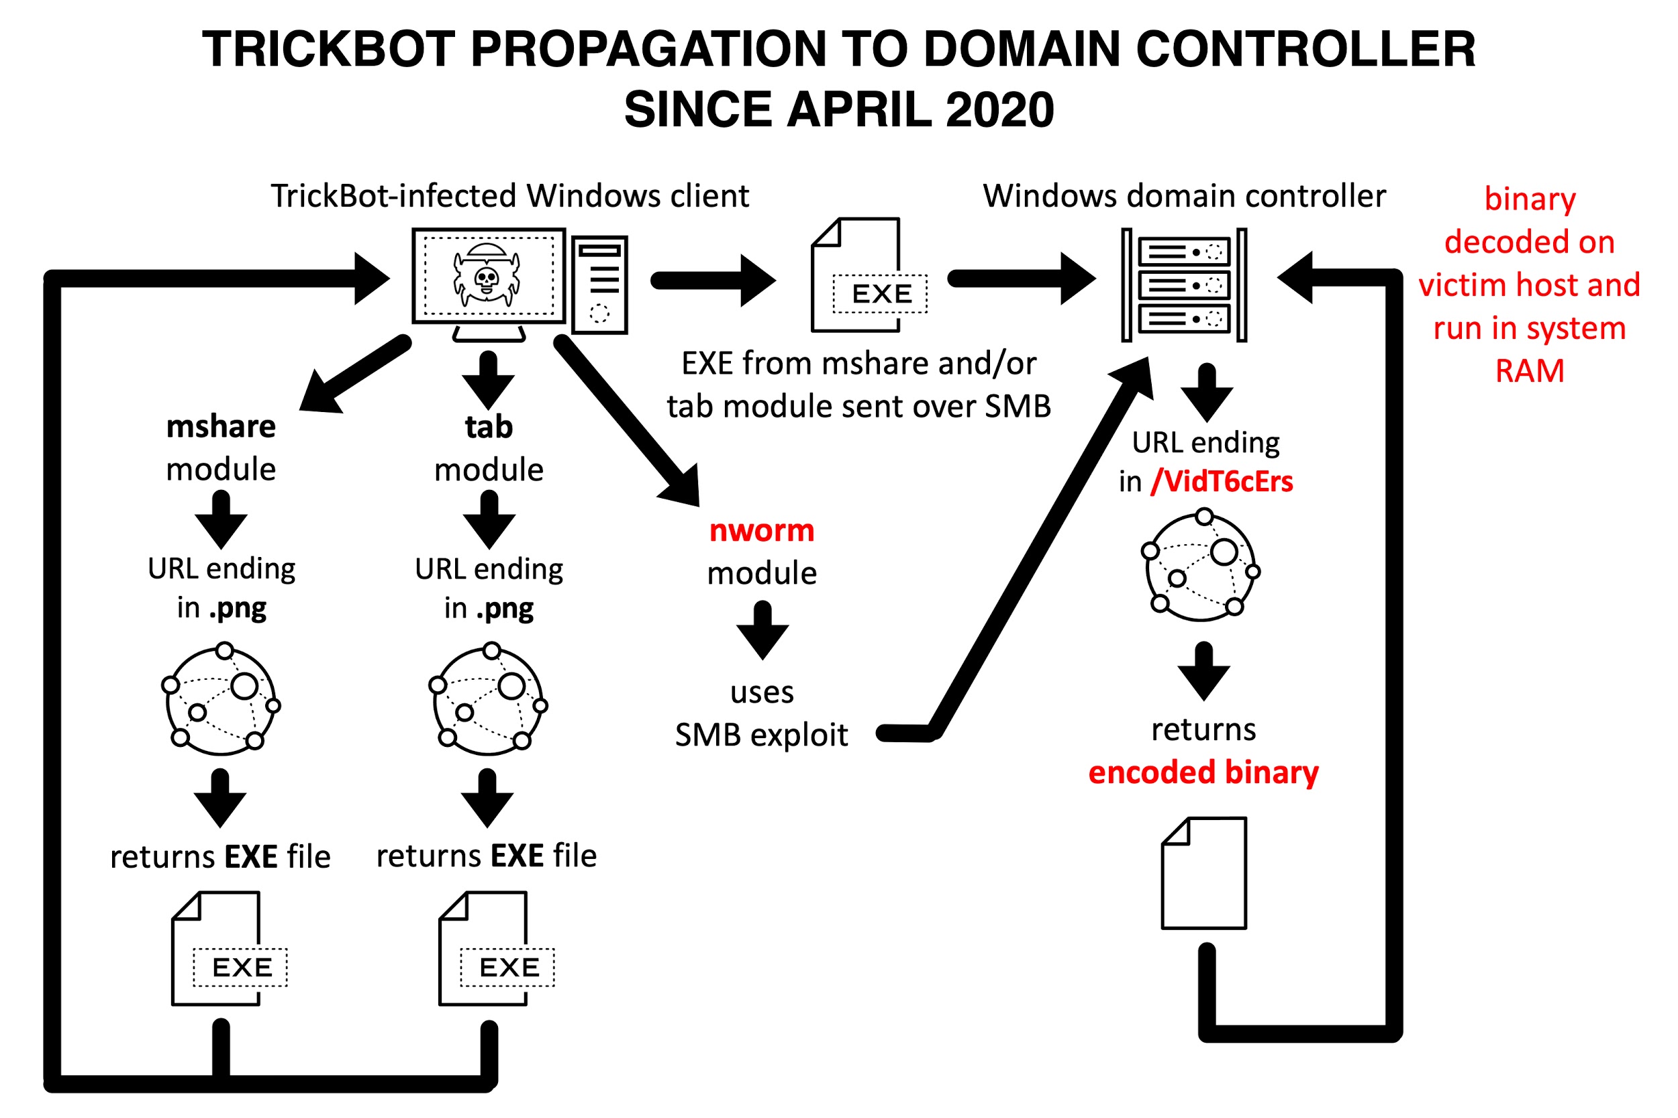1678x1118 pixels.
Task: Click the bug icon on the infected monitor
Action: [x=487, y=274]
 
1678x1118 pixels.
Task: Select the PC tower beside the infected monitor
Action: [x=599, y=285]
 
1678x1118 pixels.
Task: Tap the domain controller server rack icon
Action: [x=1184, y=285]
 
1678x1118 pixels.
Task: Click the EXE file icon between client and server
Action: [x=869, y=275]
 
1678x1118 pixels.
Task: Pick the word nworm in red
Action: [x=762, y=530]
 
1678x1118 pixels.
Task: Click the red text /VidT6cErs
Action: [x=1222, y=481]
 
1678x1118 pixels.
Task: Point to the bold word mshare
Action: [x=221, y=426]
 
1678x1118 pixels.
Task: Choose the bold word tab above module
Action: [x=489, y=426]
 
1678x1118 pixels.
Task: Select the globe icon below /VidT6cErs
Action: [x=1203, y=565]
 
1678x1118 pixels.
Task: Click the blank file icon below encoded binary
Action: [x=1205, y=872]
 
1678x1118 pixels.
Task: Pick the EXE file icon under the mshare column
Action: [x=229, y=948]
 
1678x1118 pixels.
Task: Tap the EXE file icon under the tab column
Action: [x=496, y=948]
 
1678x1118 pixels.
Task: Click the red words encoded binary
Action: [x=1203, y=773]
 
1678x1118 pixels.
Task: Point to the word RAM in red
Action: [x=1530, y=370]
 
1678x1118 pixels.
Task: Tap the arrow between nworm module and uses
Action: [x=762, y=629]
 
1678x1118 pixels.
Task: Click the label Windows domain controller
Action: [x=1185, y=195]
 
